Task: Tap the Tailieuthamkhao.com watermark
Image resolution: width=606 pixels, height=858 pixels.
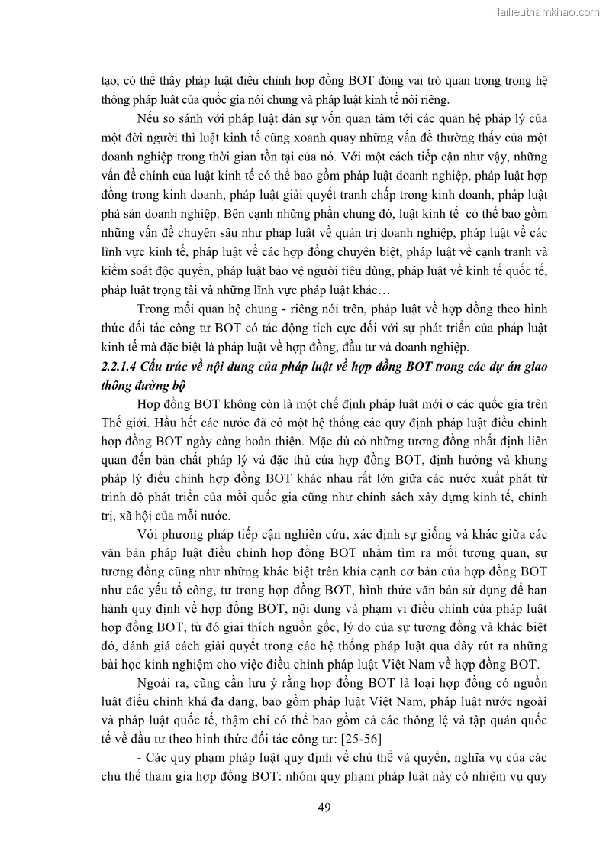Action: (x=547, y=11)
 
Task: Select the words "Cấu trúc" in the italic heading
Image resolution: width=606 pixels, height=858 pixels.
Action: (x=181, y=367)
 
